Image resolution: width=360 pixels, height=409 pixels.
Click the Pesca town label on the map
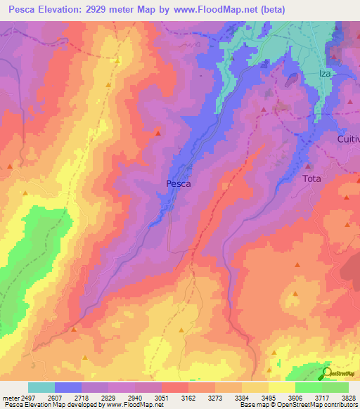[178, 183]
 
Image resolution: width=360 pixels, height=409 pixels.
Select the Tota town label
[311, 178]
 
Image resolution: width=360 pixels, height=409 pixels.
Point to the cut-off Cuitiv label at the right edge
[347, 139]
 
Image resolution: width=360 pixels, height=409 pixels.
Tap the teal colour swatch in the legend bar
[41, 387]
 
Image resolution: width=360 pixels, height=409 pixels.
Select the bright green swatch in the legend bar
[309, 387]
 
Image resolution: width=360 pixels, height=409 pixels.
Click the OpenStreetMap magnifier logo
[327, 372]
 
